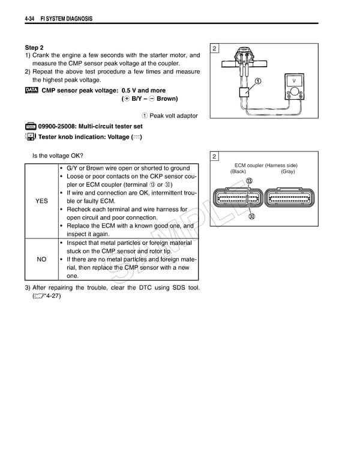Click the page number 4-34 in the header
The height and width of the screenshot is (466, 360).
coord(29,19)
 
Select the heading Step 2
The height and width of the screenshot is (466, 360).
coord(34,47)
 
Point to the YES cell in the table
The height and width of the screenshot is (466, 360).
coord(41,201)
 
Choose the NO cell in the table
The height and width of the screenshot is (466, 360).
coord(41,259)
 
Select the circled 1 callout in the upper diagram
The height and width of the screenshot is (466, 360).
coord(257,81)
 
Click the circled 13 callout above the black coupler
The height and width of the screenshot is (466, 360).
coord(249,181)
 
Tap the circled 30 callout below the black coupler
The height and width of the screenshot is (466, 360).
coord(251,217)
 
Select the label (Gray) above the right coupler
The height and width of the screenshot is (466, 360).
coord(287,172)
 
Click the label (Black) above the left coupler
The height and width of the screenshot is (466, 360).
coord(238,172)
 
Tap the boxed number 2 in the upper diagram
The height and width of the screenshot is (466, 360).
coord(215,48)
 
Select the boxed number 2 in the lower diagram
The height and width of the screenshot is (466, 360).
coord(215,157)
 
